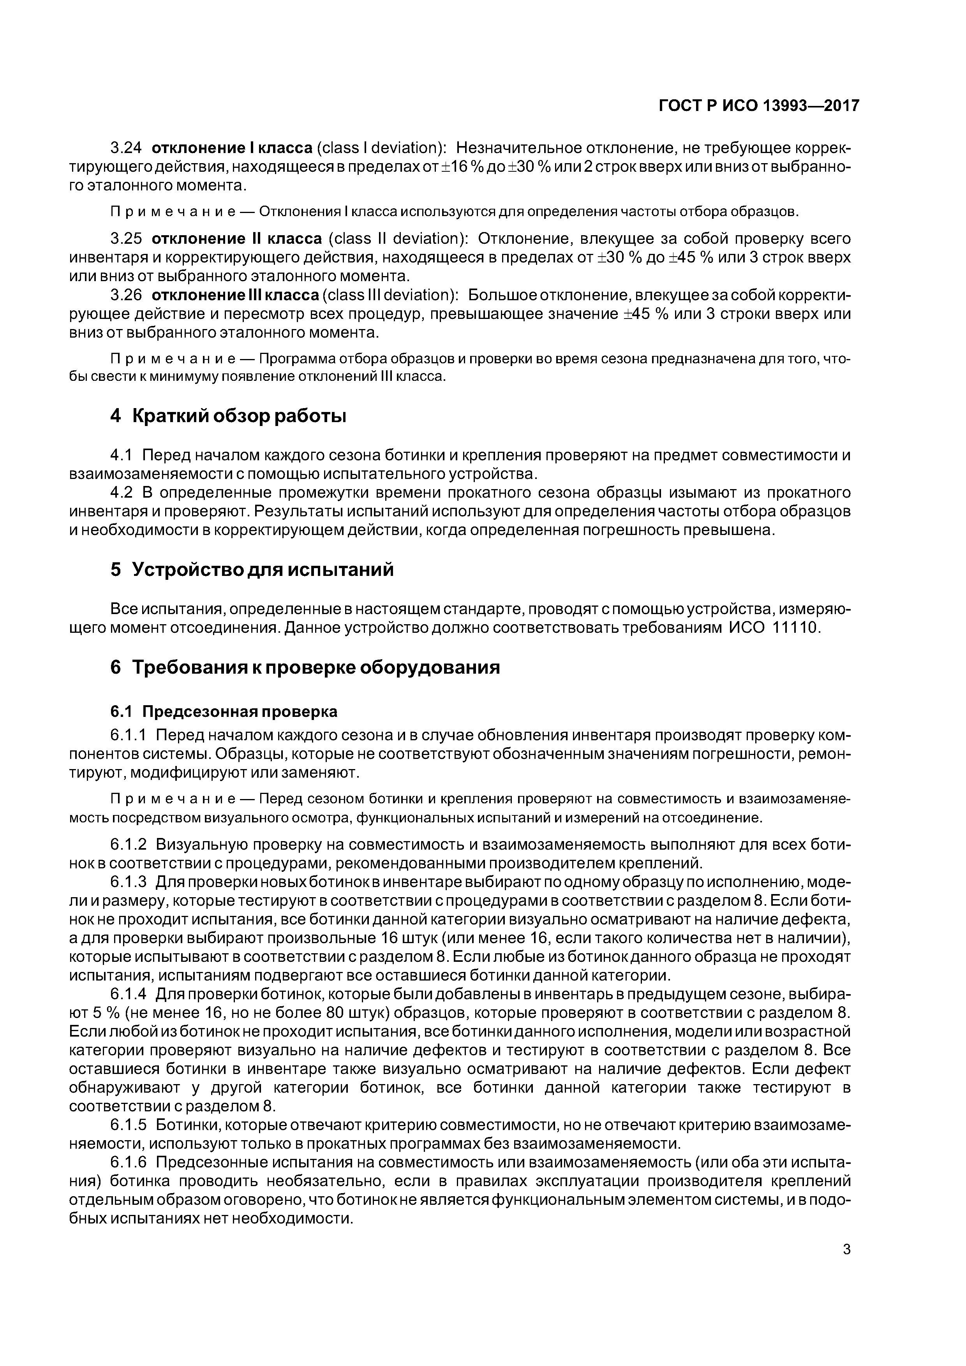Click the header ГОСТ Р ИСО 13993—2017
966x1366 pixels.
759,106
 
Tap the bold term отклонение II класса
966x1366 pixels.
237,239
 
